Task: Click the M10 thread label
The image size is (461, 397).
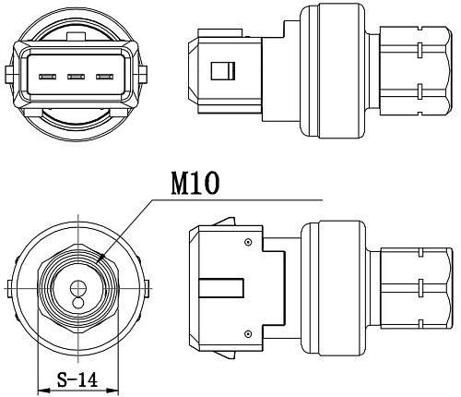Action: click(195, 183)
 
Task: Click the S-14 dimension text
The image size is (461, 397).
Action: click(77, 379)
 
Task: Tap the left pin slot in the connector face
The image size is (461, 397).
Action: click(47, 77)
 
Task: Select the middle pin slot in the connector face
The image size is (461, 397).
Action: click(76, 77)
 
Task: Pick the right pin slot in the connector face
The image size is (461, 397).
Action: click(104, 77)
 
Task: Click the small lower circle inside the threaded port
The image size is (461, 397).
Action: click(78, 303)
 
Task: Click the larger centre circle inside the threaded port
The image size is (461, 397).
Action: click(78, 288)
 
